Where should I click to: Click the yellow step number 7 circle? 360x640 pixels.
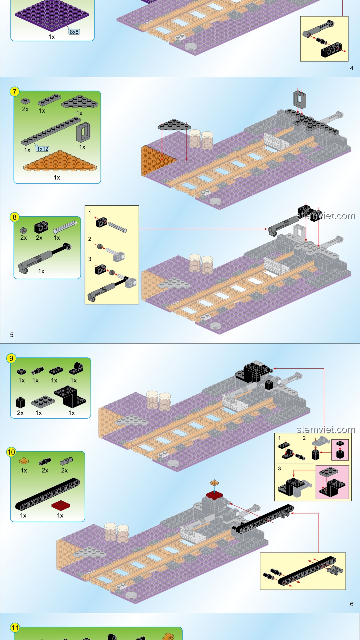click(x=14, y=92)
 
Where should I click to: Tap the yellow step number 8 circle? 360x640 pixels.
click(x=14, y=217)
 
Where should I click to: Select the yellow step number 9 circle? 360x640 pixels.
click(x=11, y=358)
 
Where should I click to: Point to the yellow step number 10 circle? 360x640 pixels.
click(x=11, y=452)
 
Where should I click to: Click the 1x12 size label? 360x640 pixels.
click(x=43, y=149)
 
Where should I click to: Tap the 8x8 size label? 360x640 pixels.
click(x=74, y=32)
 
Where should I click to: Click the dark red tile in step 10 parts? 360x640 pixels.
click(x=61, y=505)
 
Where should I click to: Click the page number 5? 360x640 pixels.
click(x=12, y=335)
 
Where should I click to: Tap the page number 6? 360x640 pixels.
click(x=352, y=604)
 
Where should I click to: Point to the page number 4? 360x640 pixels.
click(x=352, y=68)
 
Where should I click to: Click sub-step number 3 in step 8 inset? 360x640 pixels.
click(x=90, y=259)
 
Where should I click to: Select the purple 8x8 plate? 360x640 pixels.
click(x=52, y=15)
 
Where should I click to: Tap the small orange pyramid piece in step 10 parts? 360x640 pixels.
click(x=24, y=461)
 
